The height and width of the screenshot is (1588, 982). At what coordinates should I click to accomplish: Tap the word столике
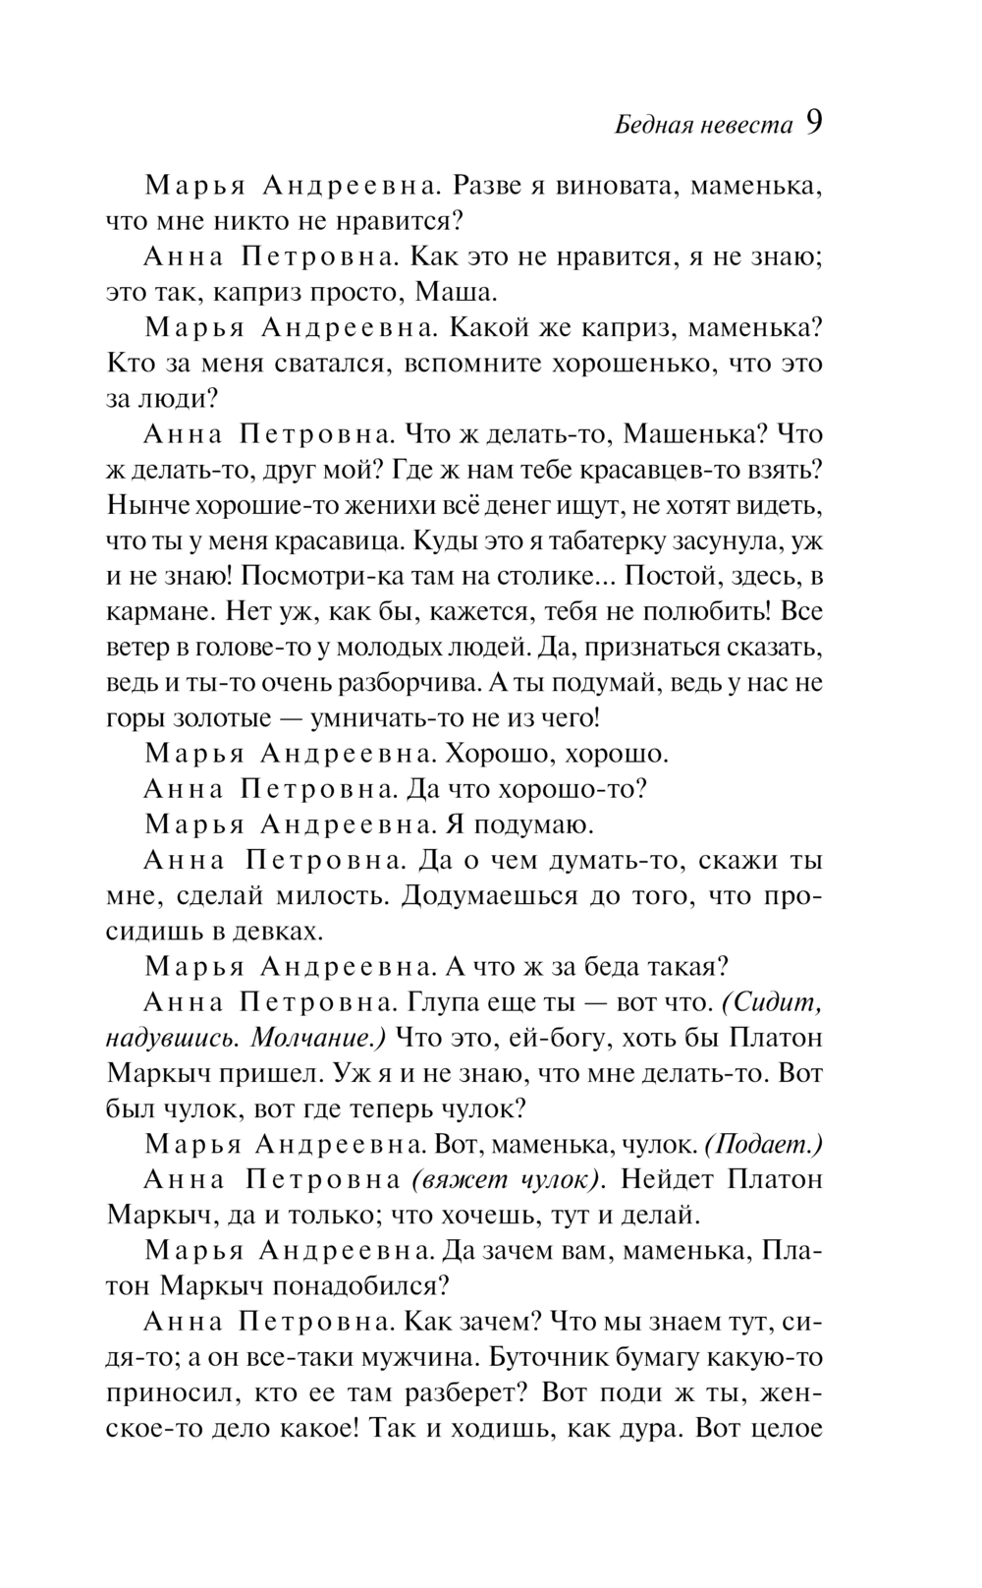(549, 576)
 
